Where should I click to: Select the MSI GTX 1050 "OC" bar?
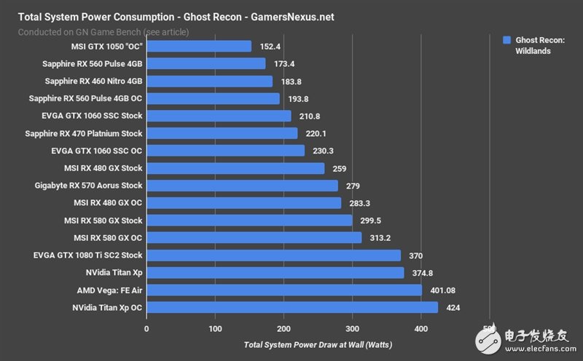coord(199,46)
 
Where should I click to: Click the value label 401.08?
coord(447,290)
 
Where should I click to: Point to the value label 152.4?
coord(271,46)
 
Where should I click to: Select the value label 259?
coord(340,168)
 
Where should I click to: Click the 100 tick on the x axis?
coord(215,329)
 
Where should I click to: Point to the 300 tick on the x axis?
coord(352,329)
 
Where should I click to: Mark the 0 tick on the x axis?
coord(146,329)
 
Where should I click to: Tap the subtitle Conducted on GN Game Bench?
coord(103,32)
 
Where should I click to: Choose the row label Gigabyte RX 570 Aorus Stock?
coord(89,186)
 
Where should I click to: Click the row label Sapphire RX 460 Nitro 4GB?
coord(93,81)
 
